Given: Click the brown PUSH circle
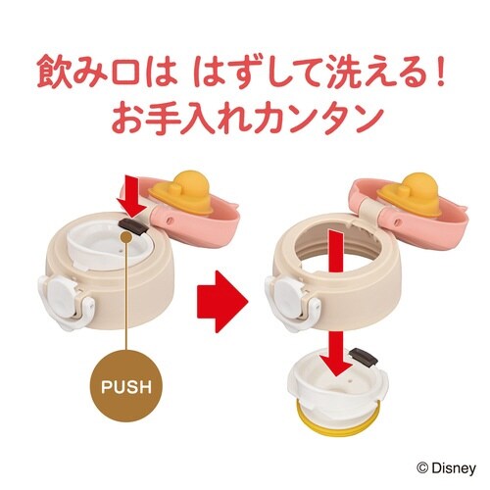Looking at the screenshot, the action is pos(126,386).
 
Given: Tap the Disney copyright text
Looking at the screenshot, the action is pos(446,468).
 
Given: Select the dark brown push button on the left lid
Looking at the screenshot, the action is pos(132,226).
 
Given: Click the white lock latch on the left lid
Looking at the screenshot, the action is pos(66,300).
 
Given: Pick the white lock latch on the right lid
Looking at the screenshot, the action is pos(292,300).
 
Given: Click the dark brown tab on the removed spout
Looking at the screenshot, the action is pos(364,357).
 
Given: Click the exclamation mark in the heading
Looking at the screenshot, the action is pos(441,73).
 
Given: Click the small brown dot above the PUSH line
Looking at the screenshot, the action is pos(126,237).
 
